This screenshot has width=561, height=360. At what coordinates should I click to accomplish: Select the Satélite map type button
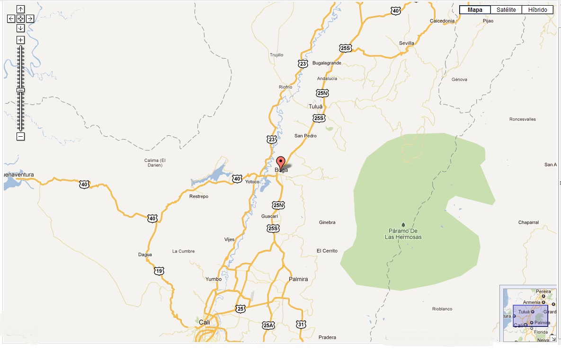(506, 9)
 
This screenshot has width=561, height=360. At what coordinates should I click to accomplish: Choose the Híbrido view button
(537, 9)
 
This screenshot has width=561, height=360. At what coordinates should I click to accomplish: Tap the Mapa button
(475, 9)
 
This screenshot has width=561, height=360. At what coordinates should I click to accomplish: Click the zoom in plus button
(20, 40)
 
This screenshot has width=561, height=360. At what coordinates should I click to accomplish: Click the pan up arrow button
(20, 9)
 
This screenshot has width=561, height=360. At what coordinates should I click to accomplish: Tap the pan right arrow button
(30, 18)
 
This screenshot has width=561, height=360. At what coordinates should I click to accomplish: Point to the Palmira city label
(298, 279)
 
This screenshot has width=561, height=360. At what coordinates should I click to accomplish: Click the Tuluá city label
(315, 106)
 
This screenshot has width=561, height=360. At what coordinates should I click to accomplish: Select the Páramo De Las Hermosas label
(403, 234)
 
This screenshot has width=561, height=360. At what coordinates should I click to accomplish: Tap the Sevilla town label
(406, 43)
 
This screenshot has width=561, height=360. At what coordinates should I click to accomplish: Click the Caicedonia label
(442, 21)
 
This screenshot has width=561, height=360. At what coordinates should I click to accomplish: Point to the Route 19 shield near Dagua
(159, 271)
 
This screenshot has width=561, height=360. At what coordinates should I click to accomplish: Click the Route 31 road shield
(301, 324)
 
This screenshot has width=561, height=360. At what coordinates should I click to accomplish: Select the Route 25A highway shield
(268, 325)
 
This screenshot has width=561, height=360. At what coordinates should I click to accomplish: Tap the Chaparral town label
(528, 222)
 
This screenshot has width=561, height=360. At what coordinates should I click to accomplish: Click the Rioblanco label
(442, 309)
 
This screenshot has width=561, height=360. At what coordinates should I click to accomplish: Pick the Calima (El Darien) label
(155, 162)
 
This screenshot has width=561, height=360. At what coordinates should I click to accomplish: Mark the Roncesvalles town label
(523, 119)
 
